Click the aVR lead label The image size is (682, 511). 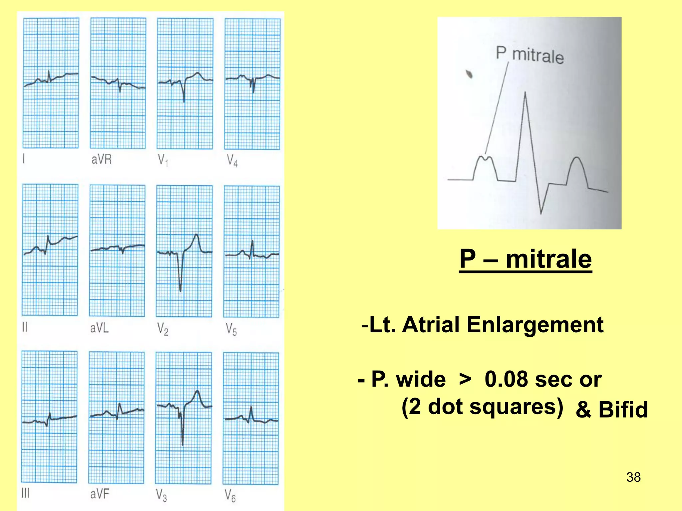point(102,160)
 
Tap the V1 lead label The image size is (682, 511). point(163,161)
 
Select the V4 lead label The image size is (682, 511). point(232,161)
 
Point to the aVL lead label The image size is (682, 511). point(100,328)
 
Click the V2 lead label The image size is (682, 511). point(163,329)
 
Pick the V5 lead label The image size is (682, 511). point(231,329)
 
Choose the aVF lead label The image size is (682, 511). point(100,494)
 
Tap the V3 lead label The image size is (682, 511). point(162,495)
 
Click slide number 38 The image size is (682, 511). point(633,477)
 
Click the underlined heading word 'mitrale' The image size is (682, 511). point(549,259)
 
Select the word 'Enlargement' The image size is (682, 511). point(535,324)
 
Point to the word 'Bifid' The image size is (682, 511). point(623,410)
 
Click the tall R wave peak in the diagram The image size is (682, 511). point(525,93)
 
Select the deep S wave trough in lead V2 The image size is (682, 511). point(180,290)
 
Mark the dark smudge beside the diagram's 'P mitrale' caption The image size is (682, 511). point(469,74)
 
